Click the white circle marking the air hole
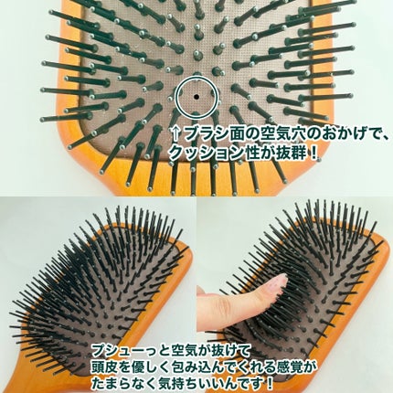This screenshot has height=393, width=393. tap(194, 93)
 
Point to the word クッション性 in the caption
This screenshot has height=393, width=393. tap(211, 153)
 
